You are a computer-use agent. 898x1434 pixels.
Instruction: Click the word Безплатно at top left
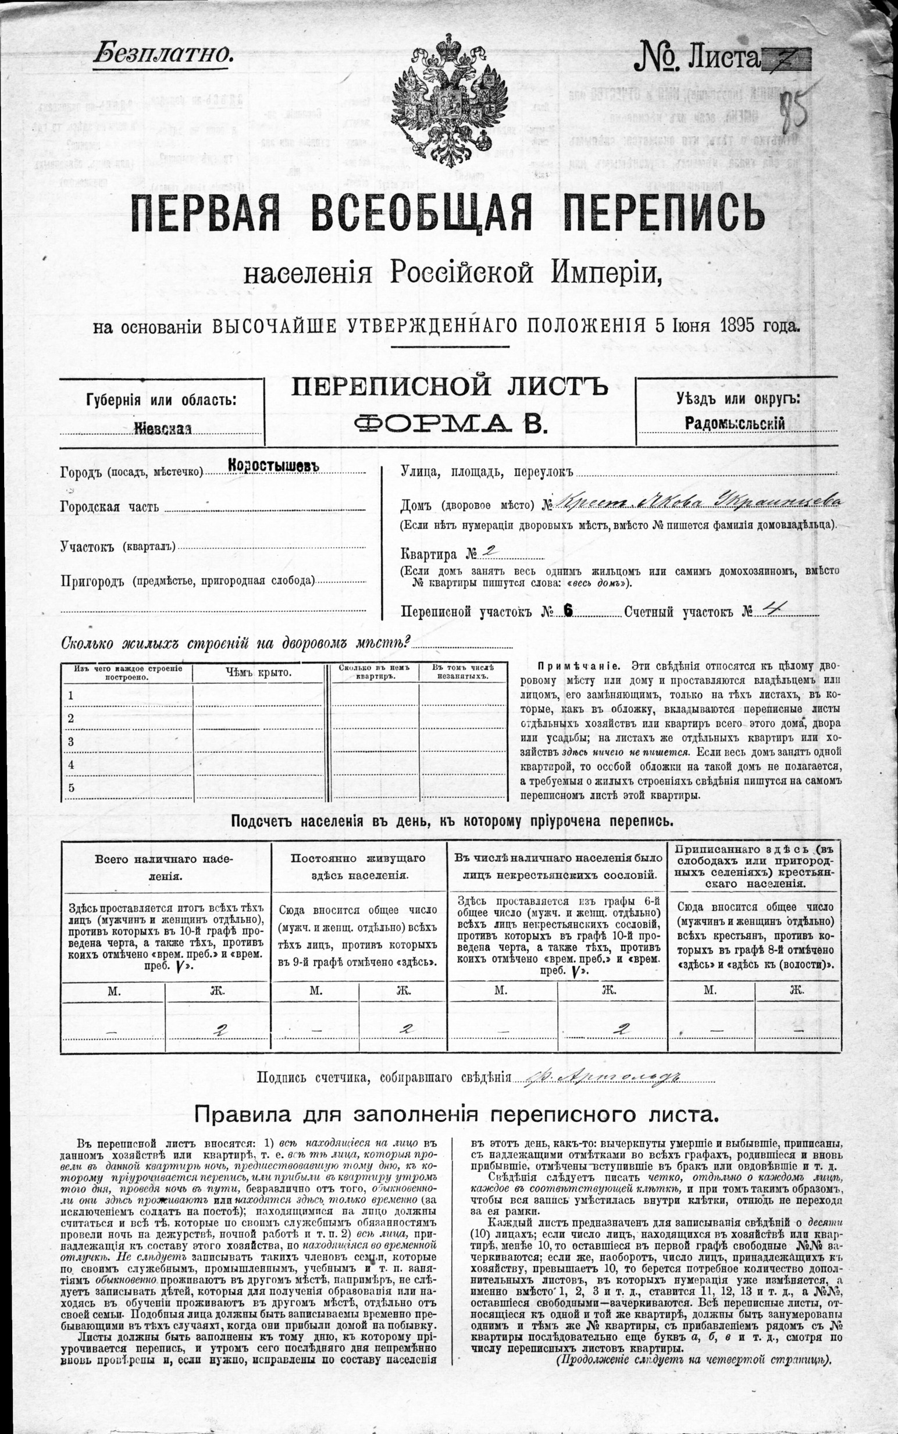[162, 54]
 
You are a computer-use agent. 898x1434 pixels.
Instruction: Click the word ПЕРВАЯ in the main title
[205, 214]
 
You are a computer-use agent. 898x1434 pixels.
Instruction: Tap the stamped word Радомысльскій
[734, 423]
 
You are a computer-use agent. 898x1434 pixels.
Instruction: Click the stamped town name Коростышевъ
[274, 466]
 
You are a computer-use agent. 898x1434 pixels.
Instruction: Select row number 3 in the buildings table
[71, 741]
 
